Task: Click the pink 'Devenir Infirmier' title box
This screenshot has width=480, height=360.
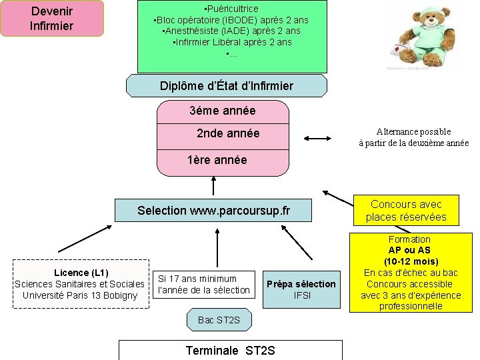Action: coord(52,18)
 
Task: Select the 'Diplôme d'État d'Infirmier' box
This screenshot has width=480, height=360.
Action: coord(227,86)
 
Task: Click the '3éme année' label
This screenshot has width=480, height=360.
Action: coord(223,111)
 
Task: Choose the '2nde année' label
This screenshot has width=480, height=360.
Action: coord(228,133)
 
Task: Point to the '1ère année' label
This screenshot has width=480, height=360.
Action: coord(217,160)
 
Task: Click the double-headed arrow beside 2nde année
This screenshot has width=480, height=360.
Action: coord(317,139)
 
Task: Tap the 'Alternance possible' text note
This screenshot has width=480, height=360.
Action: coord(413,137)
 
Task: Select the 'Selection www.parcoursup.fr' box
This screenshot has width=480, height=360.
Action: coord(213,211)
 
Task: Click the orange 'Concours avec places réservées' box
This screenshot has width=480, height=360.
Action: coord(406,211)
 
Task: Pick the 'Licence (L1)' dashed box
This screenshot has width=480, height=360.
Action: coord(80,284)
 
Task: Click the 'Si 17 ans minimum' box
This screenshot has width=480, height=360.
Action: coord(203,284)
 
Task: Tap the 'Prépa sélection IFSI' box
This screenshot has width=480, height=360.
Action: coord(301,289)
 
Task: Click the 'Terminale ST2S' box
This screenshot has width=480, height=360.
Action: coord(230,350)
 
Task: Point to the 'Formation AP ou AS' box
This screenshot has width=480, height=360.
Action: coord(409,272)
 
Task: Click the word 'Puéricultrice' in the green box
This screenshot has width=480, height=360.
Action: coord(233,9)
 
